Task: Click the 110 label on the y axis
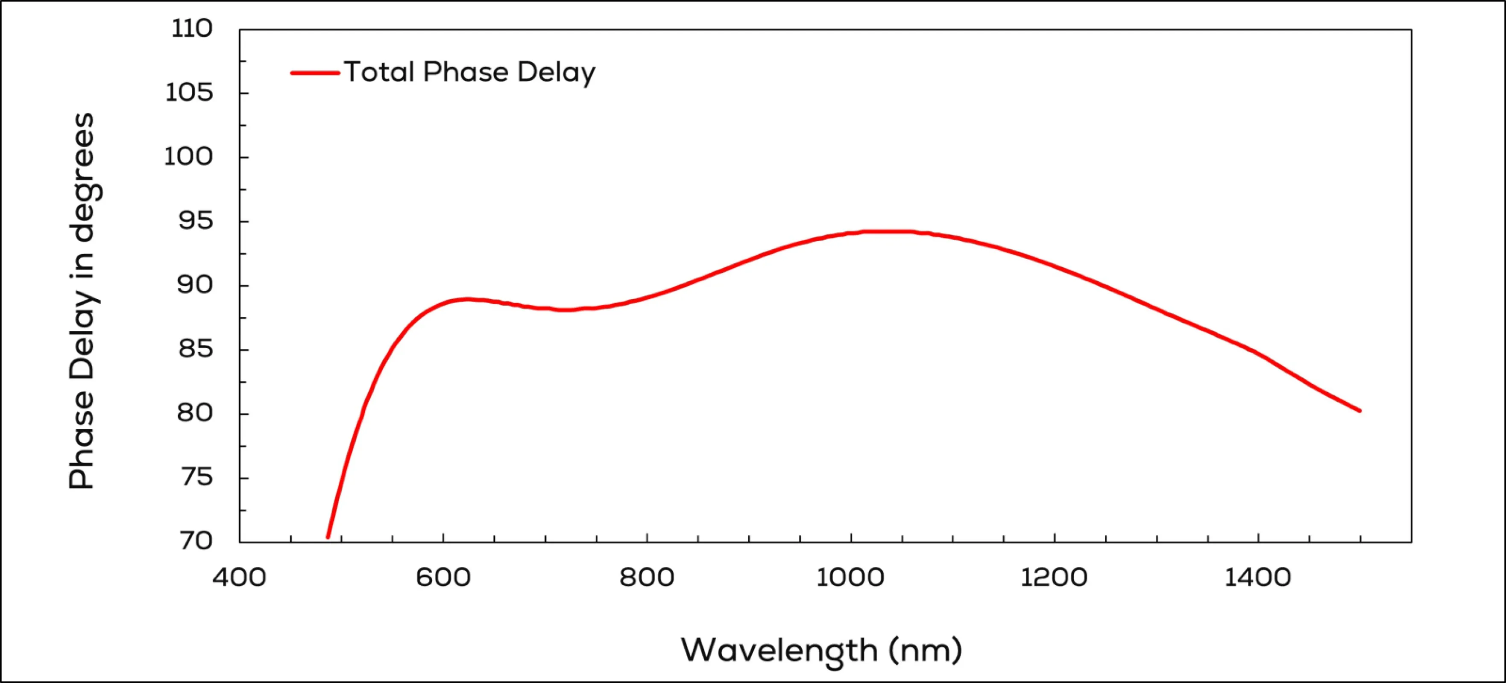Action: (192, 29)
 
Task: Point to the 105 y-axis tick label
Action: (189, 93)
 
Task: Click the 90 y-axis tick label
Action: (195, 285)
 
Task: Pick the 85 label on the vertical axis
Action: (195, 349)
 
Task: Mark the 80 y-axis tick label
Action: (195, 413)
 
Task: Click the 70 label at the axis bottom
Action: (195, 541)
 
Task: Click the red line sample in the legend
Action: (315, 73)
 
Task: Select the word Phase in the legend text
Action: (466, 73)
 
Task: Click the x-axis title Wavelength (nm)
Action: (821, 650)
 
